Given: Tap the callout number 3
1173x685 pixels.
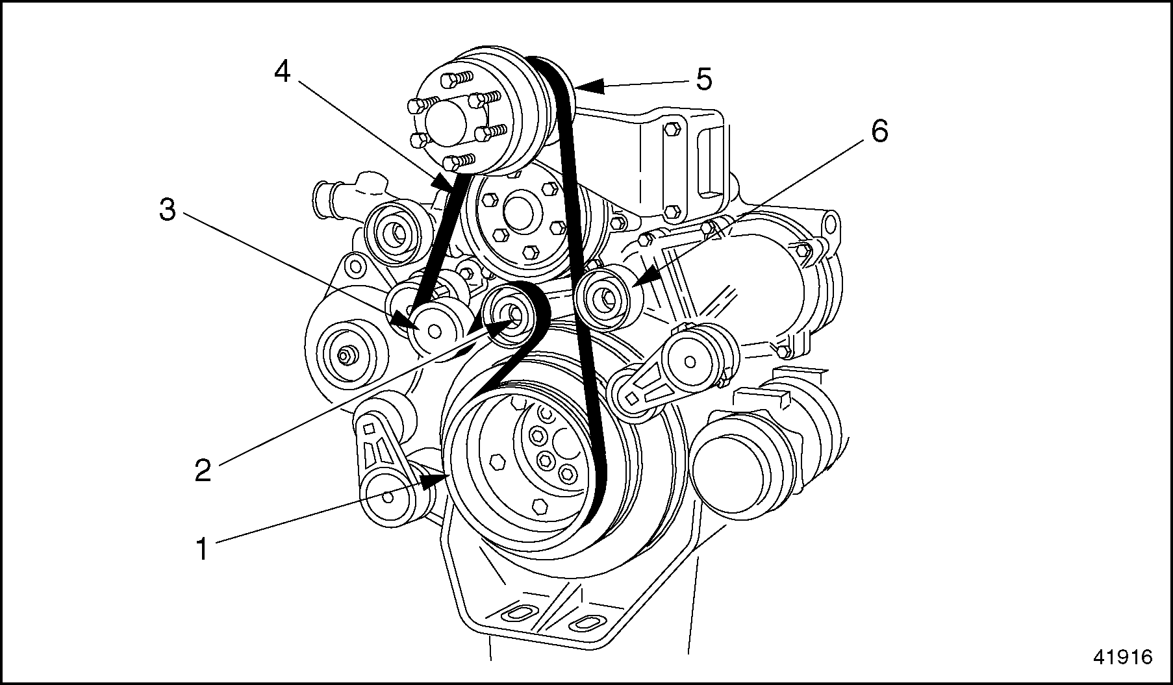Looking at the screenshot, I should [x=168, y=210].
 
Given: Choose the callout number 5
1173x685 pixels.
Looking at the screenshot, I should [x=703, y=79].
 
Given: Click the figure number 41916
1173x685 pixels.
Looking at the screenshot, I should [x=1122, y=657].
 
